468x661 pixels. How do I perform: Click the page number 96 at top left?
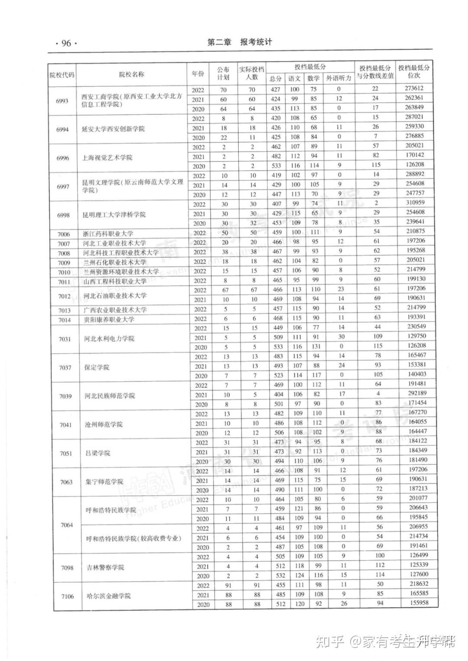(x=66, y=43)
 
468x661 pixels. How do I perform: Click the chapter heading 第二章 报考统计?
(x=240, y=42)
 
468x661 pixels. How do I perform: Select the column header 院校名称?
(x=131, y=75)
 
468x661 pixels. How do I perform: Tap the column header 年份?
(x=198, y=74)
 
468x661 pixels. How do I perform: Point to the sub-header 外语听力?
(x=338, y=78)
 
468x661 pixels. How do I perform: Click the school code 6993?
(x=62, y=100)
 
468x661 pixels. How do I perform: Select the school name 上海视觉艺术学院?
(x=107, y=158)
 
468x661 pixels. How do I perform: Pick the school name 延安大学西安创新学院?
(x=113, y=129)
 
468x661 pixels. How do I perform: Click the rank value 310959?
(x=416, y=202)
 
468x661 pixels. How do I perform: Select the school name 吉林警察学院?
(x=105, y=567)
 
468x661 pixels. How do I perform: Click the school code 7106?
(x=67, y=596)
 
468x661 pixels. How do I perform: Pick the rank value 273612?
(x=414, y=88)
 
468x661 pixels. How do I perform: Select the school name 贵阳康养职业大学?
(x=109, y=320)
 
